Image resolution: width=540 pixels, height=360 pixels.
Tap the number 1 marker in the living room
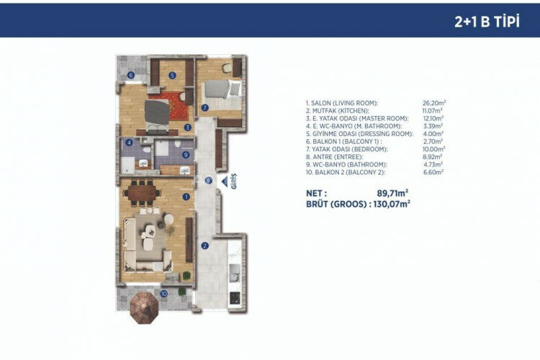(x=186, y=196)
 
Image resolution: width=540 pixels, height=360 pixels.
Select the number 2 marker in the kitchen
(x=204, y=246)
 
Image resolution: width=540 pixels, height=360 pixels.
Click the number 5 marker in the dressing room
(x=173, y=75)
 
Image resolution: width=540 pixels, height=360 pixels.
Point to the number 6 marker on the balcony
(x=130, y=75)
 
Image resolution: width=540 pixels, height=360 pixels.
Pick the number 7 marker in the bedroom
(x=204, y=108)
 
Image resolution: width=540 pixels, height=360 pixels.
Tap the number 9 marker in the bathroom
(x=186, y=154)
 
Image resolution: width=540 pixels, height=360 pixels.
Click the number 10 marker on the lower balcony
(x=164, y=293)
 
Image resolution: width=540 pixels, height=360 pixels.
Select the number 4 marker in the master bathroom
(x=130, y=143)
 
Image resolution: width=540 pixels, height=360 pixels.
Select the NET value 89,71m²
(x=393, y=193)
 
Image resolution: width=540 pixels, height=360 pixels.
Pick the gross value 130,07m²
(x=391, y=204)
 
